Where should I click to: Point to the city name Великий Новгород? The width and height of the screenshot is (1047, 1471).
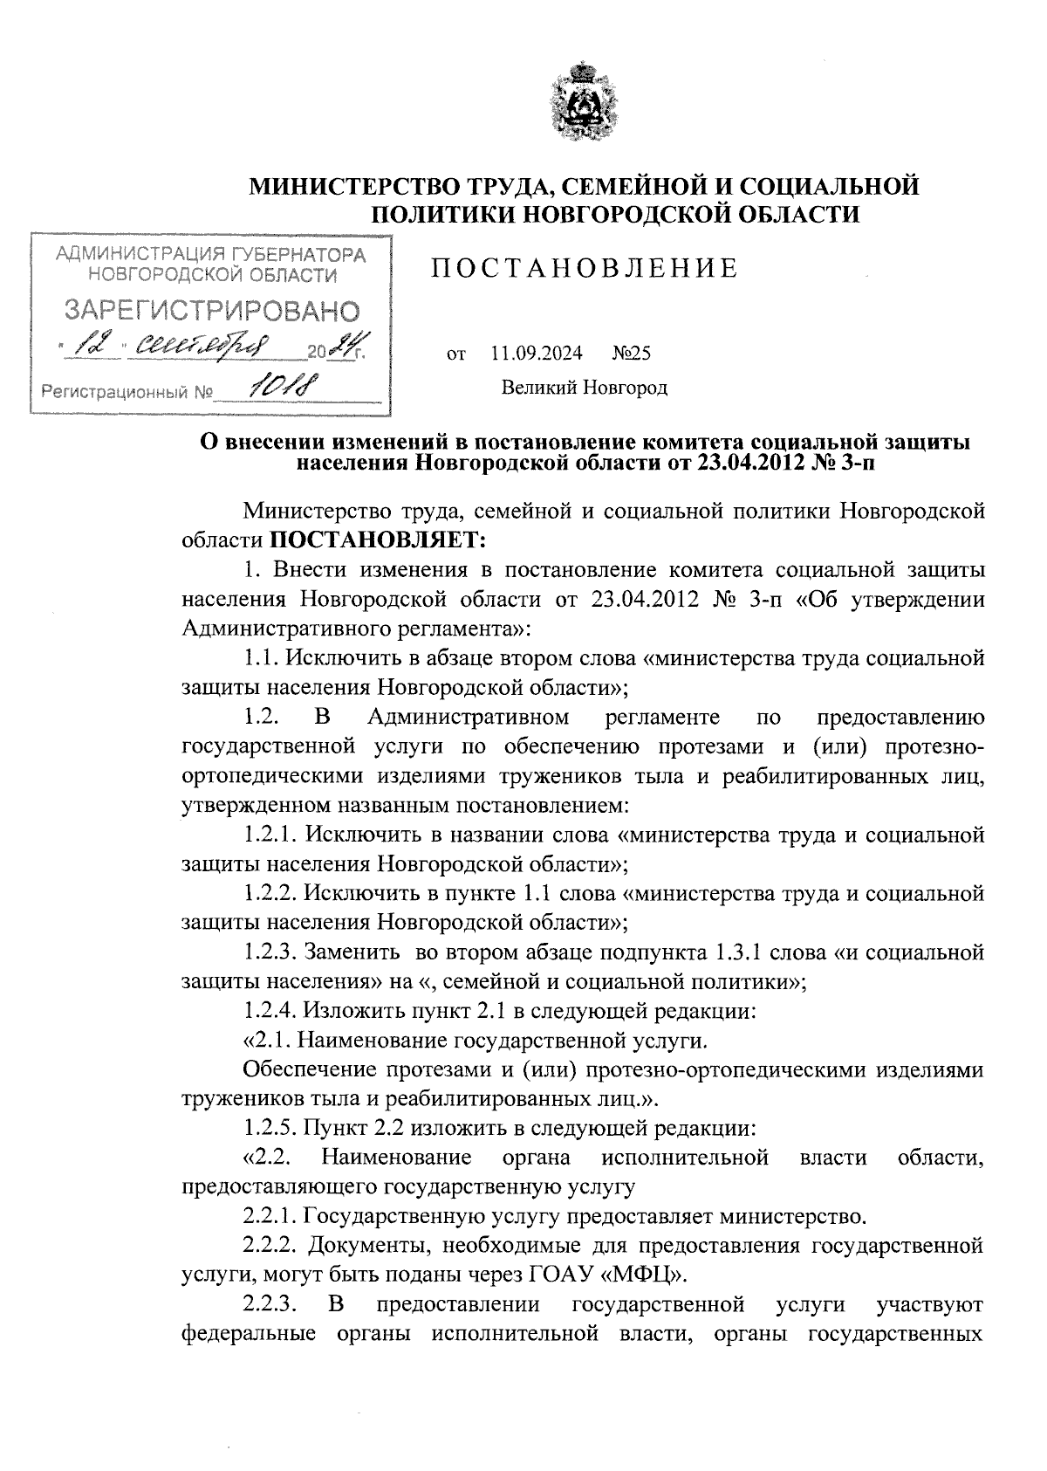coord(584,387)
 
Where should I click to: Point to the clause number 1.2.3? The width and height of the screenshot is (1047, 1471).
coord(270,952)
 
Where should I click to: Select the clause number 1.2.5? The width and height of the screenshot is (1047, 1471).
coord(270,1128)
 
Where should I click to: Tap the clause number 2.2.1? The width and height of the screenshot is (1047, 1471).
coord(270,1216)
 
